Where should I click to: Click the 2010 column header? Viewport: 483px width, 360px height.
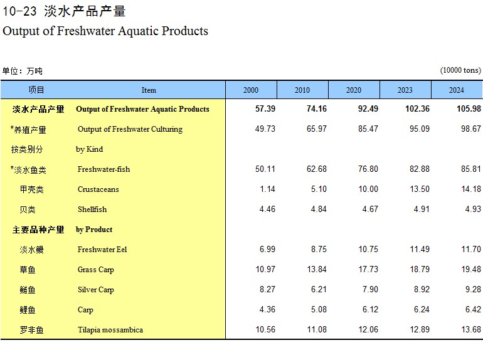(302, 90)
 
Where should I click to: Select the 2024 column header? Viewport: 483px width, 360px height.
(457, 90)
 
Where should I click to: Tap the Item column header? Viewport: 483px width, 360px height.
(149, 90)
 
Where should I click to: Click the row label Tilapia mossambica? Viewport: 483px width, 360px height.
(110, 330)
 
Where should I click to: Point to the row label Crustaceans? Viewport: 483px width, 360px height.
(98, 189)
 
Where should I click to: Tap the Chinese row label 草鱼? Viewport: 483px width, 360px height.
(28, 270)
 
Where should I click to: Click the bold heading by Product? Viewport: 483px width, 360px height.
(94, 230)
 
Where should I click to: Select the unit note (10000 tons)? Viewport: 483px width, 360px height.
(460, 70)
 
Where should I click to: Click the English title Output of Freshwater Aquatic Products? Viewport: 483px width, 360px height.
(105, 31)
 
